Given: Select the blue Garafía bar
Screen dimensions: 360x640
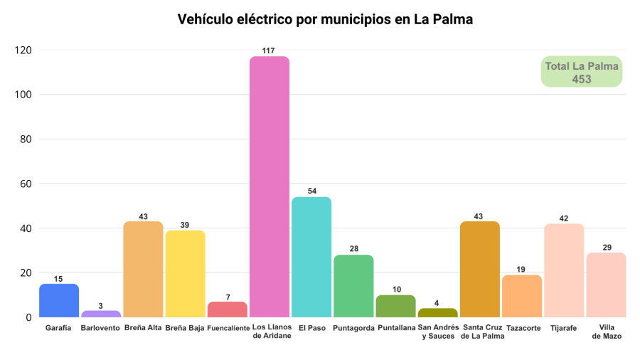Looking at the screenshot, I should point(59,300).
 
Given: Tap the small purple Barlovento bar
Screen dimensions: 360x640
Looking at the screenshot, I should point(101,314).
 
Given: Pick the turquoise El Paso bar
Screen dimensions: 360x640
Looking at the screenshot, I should point(311,257).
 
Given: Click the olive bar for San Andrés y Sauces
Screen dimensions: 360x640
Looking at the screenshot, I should point(437,312).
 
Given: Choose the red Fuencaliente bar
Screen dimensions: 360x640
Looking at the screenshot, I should point(228,309).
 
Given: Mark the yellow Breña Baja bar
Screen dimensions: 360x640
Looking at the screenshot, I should point(185,273).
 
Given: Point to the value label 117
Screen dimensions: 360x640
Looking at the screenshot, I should point(270,51).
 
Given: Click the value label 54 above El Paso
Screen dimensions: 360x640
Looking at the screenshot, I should point(311,191).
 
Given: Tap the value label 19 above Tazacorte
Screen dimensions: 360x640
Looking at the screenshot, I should point(522,270).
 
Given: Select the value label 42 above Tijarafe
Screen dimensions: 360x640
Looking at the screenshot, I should point(564,218).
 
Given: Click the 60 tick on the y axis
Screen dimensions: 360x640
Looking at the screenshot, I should point(26,184).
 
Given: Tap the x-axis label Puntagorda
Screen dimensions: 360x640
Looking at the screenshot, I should point(353,328).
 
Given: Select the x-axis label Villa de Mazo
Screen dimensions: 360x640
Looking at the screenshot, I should point(606,332).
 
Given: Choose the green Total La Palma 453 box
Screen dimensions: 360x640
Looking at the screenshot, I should point(582,72).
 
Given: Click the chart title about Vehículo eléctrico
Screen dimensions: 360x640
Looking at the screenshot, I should point(325,20).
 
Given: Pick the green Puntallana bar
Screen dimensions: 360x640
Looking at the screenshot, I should point(395,306).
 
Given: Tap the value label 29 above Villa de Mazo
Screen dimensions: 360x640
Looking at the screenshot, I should point(606,247).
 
